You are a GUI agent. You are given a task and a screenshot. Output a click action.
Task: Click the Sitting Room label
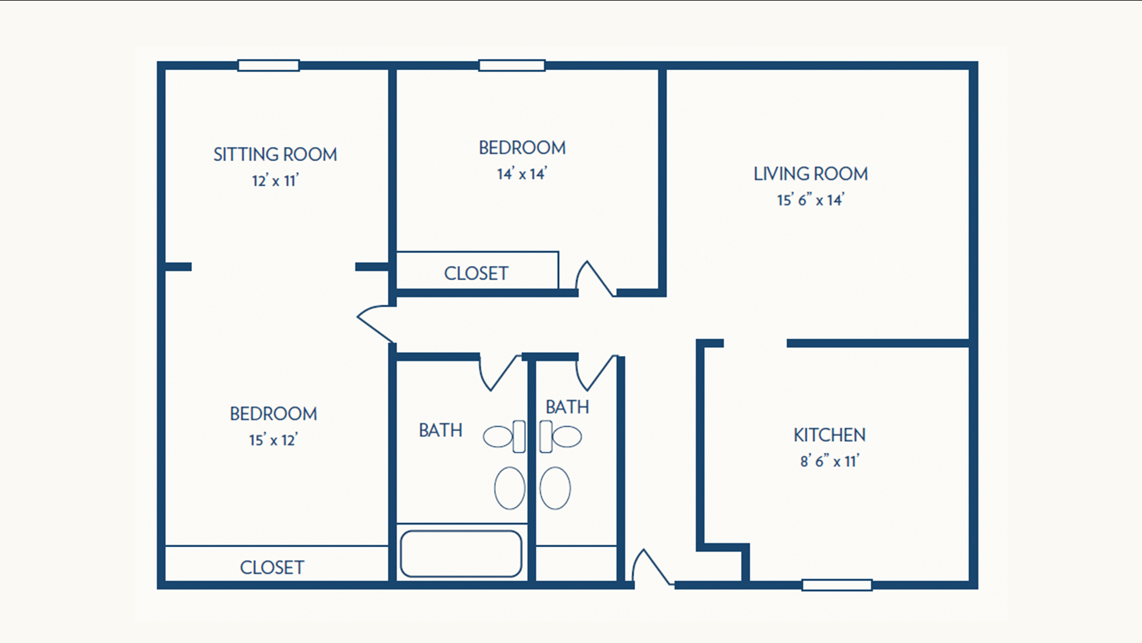pyautogui.click(x=275, y=155)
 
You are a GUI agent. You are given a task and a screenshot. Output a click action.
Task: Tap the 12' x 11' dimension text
pyautogui.click(x=275, y=180)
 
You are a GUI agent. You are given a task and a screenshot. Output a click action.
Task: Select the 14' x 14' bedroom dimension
pyautogui.click(x=522, y=174)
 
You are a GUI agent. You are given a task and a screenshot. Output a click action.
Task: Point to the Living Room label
pyautogui.click(x=811, y=174)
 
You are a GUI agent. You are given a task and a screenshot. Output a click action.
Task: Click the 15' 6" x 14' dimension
pyautogui.click(x=811, y=200)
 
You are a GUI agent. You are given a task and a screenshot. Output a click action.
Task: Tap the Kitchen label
pyautogui.click(x=830, y=435)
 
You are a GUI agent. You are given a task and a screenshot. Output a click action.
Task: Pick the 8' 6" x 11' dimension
pyautogui.click(x=830, y=461)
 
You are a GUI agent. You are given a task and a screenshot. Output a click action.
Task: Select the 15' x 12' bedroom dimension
pyautogui.click(x=273, y=440)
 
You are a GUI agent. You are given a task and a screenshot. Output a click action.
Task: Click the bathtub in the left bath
pyautogui.click(x=461, y=554)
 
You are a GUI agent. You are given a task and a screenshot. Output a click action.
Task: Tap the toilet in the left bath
pyautogui.click(x=504, y=437)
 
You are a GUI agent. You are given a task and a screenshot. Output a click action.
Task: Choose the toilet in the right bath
pyautogui.click(x=560, y=437)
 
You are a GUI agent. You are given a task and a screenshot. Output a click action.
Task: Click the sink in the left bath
pyautogui.click(x=510, y=488)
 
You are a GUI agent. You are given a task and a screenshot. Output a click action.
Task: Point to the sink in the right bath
pyautogui.click(x=555, y=488)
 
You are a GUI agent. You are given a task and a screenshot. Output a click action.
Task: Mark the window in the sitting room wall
pyautogui.click(x=268, y=65)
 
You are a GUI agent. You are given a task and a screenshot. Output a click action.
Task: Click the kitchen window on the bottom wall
pyautogui.click(x=837, y=585)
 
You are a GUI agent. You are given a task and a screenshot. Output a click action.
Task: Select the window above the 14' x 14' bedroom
pyautogui.click(x=512, y=65)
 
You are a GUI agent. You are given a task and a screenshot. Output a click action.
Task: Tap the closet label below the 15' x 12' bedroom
pyautogui.click(x=272, y=567)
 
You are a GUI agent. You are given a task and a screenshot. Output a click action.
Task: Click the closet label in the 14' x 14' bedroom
pyautogui.click(x=476, y=274)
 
